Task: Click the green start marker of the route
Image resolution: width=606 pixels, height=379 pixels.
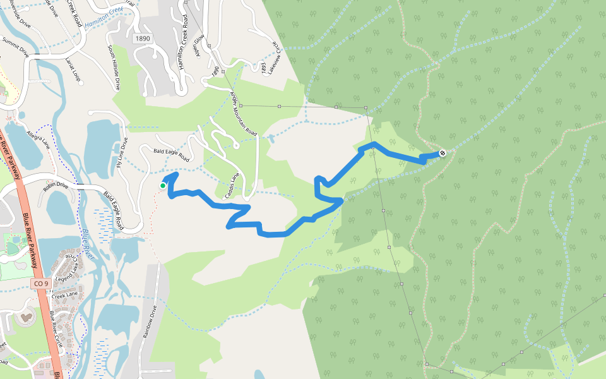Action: (x=163, y=186)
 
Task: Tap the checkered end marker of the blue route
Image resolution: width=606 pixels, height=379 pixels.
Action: (x=443, y=152)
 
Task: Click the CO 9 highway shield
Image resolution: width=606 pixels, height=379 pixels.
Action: (x=40, y=284)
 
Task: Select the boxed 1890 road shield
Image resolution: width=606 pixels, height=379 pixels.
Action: (x=143, y=39)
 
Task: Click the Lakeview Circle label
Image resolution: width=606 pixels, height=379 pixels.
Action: (x=273, y=57)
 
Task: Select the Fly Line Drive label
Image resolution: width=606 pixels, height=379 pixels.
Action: (x=122, y=153)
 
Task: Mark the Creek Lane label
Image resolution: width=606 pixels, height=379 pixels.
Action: (x=62, y=295)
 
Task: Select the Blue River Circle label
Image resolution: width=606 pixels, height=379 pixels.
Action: (x=67, y=328)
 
